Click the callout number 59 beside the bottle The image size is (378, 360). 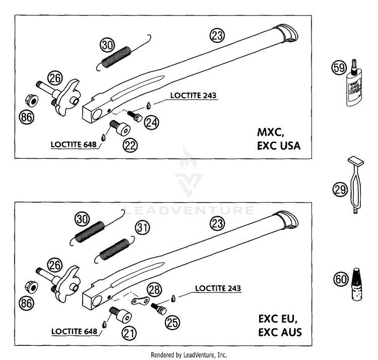coord(339,68)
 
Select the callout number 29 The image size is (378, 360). coord(340,189)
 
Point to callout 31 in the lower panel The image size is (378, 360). coord(142,227)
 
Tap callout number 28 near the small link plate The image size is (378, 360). coord(154,289)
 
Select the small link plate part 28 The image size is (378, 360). coord(140,300)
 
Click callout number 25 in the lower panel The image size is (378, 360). coord(172,322)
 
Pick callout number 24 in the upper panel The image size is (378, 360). coord(152,123)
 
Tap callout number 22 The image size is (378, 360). coord(130,145)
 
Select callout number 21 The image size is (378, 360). coord(129,333)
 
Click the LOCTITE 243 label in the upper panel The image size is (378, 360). coord(194,95)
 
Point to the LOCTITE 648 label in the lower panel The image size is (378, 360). coord(74,331)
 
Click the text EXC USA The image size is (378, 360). coord(279,146)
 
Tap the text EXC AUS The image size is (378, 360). coord(280,332)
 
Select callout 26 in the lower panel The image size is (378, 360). coord(54,265)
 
